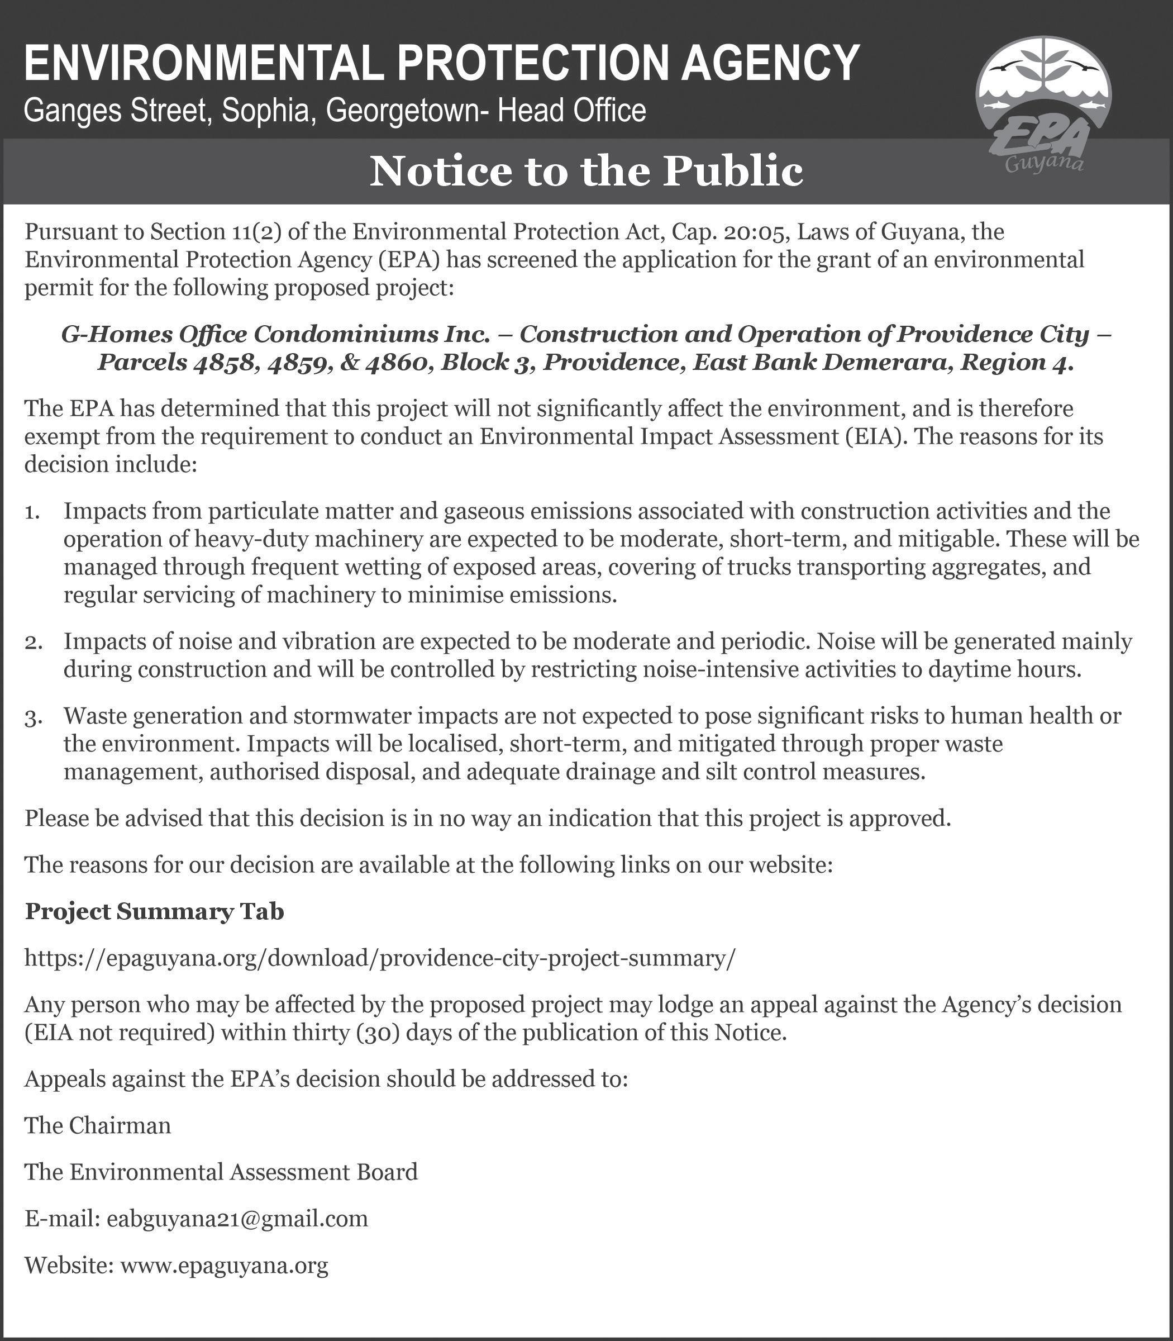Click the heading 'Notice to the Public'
tap(586, 172)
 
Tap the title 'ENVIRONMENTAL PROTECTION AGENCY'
tap(442, 64)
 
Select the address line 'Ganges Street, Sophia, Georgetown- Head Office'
tap(335, 111)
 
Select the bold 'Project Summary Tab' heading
tap(155, 911)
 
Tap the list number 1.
tap(34, 512)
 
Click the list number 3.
tap(34, 717)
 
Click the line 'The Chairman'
tap(98, 1125)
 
